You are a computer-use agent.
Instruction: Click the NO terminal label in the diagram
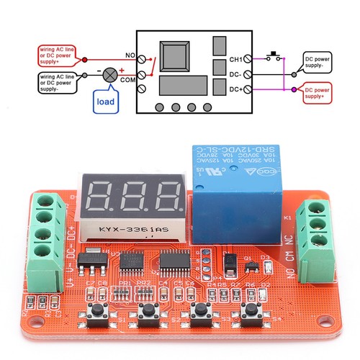[x=131, y=55]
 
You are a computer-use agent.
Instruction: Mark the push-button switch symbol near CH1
[x=274, y=56]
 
